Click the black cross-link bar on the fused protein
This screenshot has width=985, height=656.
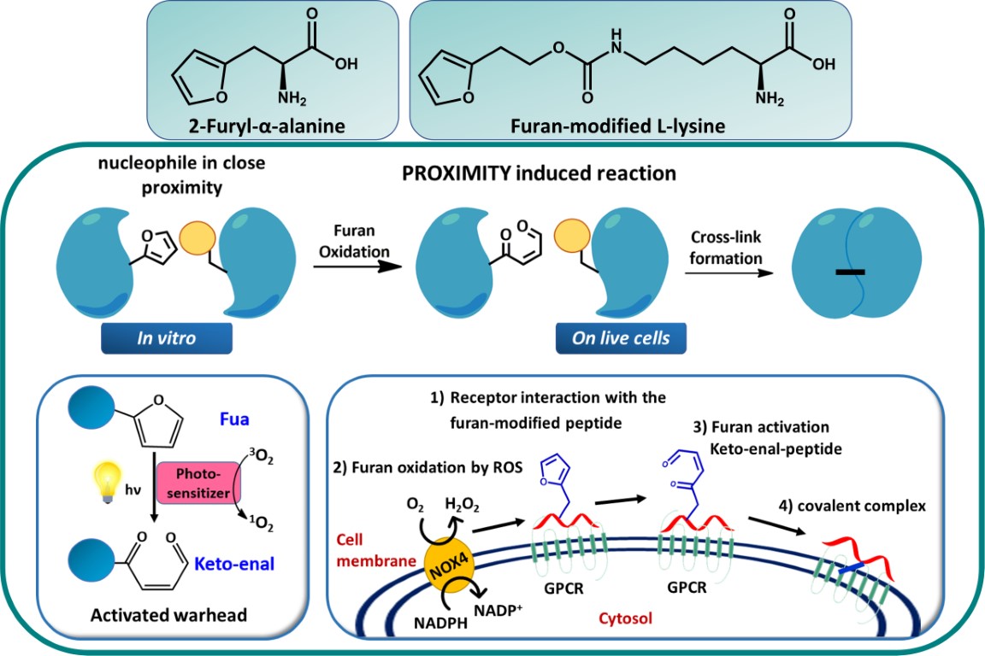click(x=851, y=272)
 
